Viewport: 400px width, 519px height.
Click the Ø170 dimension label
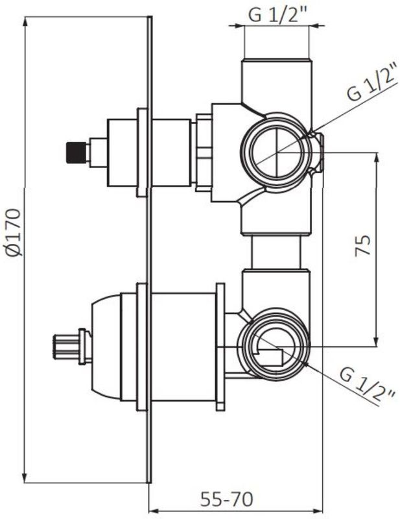pyautogui.click(x=14, y=232)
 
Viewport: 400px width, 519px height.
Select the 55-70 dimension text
pyautogui.click(x=227, y=499)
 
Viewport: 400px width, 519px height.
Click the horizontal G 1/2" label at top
pyautogui.click(x=278, y=14)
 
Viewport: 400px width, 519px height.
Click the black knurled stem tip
pyautogui.click(x=76, y=152)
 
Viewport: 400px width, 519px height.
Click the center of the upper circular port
pyautogui.click(x=277, y=153)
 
